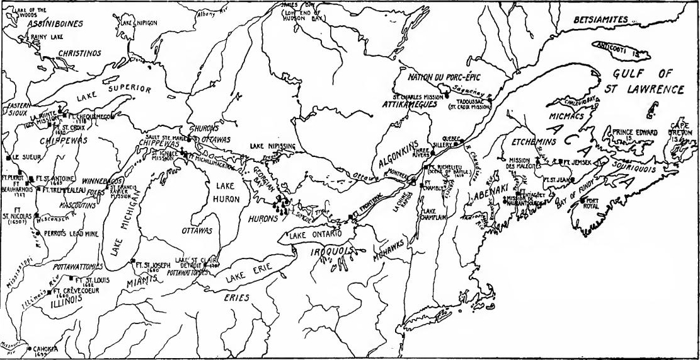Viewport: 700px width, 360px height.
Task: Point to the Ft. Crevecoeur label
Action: tap(75, 291)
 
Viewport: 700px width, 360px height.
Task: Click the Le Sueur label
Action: tap(27, 156)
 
